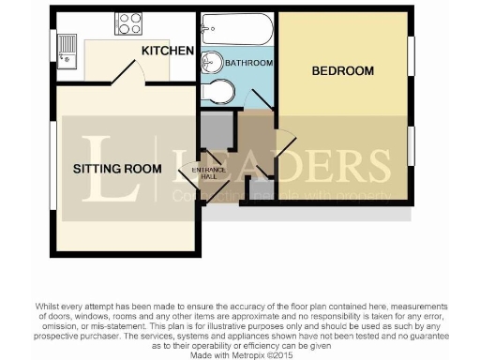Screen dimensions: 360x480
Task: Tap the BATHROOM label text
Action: [x=249, y=63]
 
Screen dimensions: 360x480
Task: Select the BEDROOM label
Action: [x=342, y=70]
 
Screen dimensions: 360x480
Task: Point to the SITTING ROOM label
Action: [x=108, y=169]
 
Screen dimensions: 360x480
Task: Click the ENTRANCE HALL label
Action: [x=207, y=172]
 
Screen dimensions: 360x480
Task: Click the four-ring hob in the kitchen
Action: [x=128, y=23]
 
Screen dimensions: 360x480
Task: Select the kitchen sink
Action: [x=67, y=46]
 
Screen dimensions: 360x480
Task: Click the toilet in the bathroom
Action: [x=217, y=92]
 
